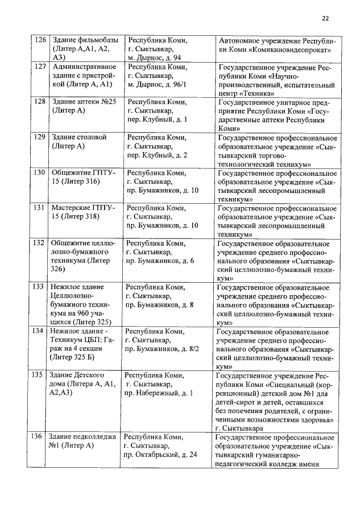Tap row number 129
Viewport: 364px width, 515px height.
tap(40, 137)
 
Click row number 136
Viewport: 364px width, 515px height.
tap(38, 437)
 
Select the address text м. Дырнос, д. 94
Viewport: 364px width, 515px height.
tap(154, 58)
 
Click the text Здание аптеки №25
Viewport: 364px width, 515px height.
tap(84, 102)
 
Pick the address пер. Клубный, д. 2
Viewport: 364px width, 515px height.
tap(158, 155)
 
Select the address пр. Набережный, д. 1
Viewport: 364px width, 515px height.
tap(159, 393)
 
